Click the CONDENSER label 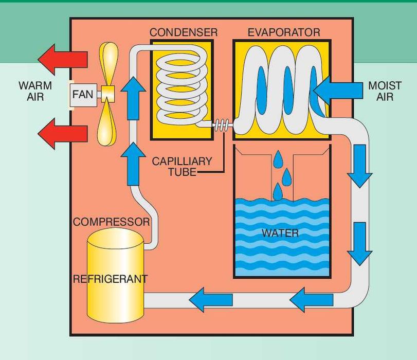(x=183, y=32)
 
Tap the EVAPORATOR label (x=283, y=32)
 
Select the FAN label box (x=83, y=95)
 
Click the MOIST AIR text (x=385, y=90)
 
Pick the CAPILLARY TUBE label (x=182, y=167)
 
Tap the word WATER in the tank (x=280, y=233)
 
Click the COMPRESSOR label (x=111, y=222)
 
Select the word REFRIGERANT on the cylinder (x=110, y=279)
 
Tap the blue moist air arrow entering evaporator (x=337, y=90)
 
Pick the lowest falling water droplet (x=278, y=192)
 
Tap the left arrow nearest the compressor (x=211, y=297)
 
